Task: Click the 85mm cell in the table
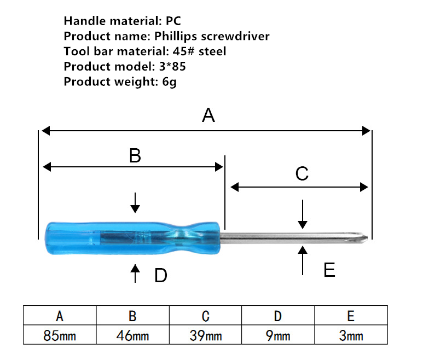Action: tap(60, 335)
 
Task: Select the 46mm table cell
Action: tap(133, 335)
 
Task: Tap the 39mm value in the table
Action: tap(206, 336)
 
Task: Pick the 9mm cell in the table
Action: tap(278, 335)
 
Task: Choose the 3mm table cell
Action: tap(351, 335)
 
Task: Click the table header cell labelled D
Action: tap(278, 315)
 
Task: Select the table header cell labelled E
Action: tap(351, 315)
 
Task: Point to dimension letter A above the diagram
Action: tap(208, 115)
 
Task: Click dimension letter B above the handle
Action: tap(135, 155)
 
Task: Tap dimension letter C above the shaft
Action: tap(302, 173)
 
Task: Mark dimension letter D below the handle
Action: tap(161, 275)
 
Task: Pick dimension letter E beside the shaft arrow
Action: tap(329, 270)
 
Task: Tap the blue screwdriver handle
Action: tap(133, 238)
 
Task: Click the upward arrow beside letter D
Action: tap(135, 273)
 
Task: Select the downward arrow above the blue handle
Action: tap(135, 203)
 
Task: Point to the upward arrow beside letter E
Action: tap(303, 260)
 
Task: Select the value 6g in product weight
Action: tap(170, 81)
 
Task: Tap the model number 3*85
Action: tap(172, 66)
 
